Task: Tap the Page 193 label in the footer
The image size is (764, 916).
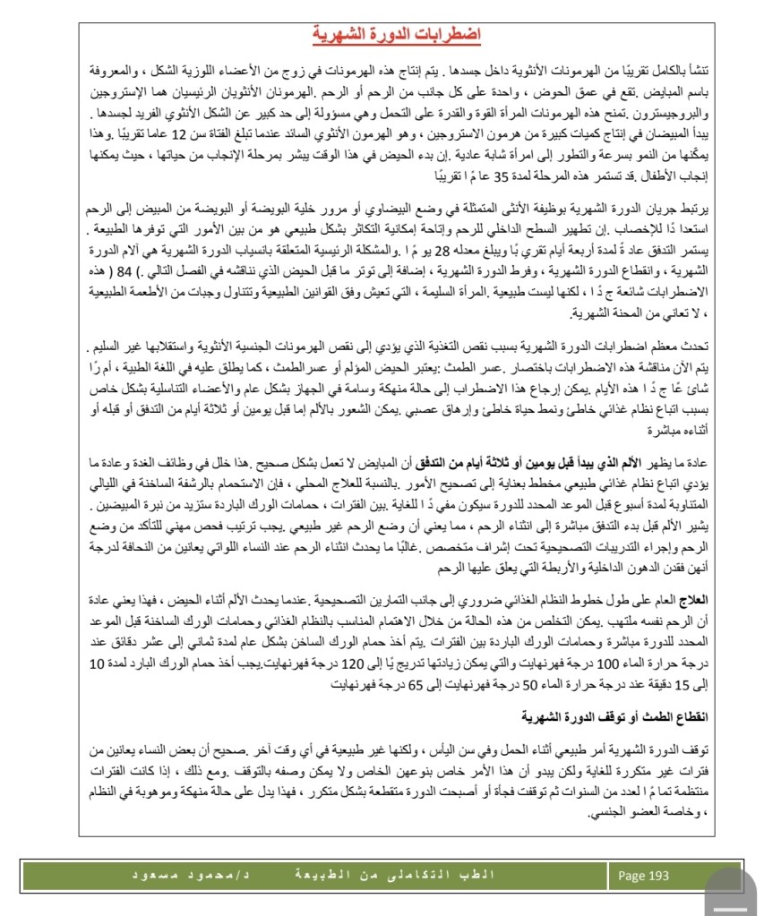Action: click(642, 875)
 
